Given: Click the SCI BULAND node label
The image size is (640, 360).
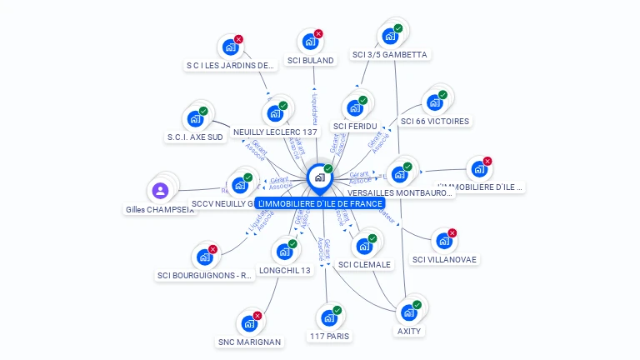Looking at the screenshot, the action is click(310, 60).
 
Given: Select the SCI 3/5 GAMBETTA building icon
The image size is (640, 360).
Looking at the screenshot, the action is click(389, 37).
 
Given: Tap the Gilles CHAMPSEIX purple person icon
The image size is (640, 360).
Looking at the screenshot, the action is click(161, 191).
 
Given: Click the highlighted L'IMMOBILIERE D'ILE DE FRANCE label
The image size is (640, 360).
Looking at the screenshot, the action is click(320, 203).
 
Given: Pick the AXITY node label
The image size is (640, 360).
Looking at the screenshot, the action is click(409, 331).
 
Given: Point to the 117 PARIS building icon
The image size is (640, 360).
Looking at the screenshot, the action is click(329, 317).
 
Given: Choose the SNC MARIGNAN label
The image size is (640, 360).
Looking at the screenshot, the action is click(249, 342).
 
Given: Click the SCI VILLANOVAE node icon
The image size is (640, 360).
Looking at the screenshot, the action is click(443, 242).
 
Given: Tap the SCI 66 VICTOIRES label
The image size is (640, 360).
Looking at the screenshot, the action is click(435, 121).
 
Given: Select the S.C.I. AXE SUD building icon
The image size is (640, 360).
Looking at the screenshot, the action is click(196, 118).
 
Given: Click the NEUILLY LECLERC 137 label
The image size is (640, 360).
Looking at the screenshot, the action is click(276, 132).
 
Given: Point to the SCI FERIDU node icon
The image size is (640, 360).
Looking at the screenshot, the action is click(354, 108).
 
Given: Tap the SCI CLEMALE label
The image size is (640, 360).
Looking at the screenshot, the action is click(364, 264).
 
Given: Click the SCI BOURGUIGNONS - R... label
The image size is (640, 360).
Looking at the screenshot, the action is click(205, 275).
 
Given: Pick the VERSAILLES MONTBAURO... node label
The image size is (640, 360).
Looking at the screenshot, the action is click(400, 192).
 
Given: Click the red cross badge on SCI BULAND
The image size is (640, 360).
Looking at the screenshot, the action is click(318, 34).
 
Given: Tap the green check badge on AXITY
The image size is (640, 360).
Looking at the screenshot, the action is click(417, 305).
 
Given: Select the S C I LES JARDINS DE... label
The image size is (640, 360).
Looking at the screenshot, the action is click(230, 65).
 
